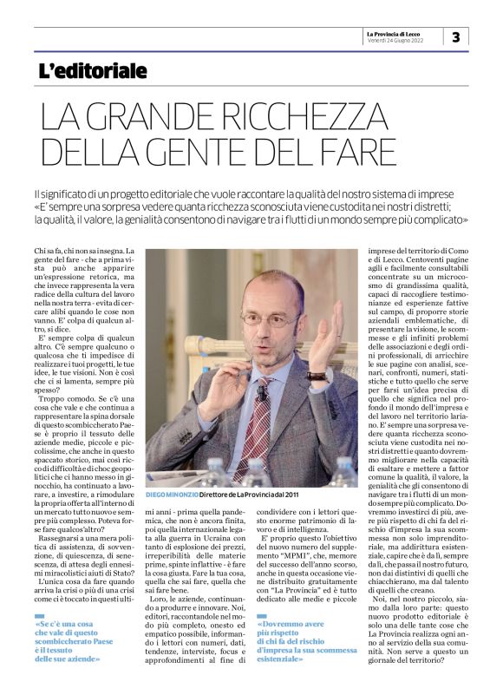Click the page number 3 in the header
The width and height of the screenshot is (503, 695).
coord(456,36)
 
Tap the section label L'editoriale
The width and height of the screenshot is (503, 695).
coord(93,71)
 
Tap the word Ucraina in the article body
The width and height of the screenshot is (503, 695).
coord(231,537)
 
